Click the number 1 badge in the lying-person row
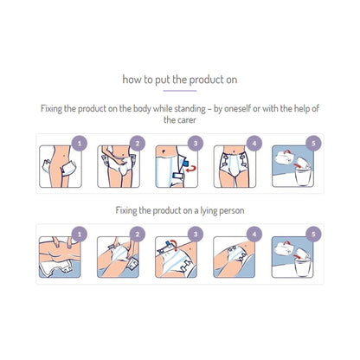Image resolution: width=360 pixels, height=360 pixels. [x=80, y=232]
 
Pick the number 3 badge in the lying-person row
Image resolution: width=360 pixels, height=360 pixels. [x=196, y=232]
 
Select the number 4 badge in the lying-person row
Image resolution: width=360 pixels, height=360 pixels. [x=254, y=232]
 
